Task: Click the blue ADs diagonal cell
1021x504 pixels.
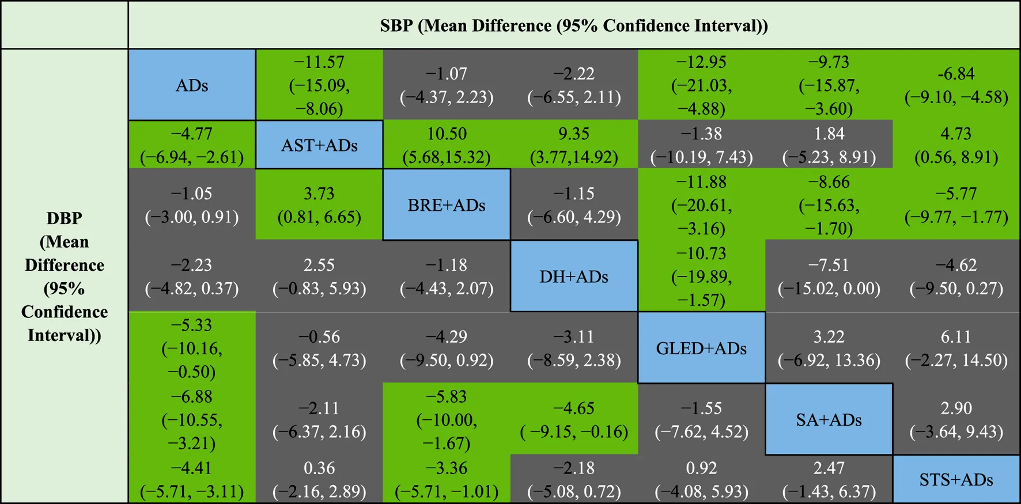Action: coord(192,85)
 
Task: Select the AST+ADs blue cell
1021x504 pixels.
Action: coord(319,145)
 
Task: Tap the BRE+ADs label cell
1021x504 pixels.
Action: coord(447,205)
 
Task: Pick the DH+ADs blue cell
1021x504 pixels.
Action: coord(574,276)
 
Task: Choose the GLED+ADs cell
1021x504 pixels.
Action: coord(701,348)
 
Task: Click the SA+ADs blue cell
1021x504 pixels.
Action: coord(829,419)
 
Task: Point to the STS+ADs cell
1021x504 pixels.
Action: coord(956,479)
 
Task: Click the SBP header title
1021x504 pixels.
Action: coord(574,25)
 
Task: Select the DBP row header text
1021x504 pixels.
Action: coord(65,276)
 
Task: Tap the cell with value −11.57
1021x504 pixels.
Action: coord(319,85)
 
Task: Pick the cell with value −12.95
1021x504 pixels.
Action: coord(701,85)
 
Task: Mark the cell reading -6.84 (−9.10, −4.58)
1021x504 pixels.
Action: coord(956,85)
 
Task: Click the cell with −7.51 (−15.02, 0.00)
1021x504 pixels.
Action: coord(829,276)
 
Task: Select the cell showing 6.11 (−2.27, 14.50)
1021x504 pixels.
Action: coord(956,348)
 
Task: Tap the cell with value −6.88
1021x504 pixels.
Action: coord(192,419)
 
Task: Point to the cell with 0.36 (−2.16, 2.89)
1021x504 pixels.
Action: coord(319,479)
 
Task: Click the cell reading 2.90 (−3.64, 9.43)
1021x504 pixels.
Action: coord(956,419)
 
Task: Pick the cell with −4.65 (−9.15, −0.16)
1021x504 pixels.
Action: coord(574,419)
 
